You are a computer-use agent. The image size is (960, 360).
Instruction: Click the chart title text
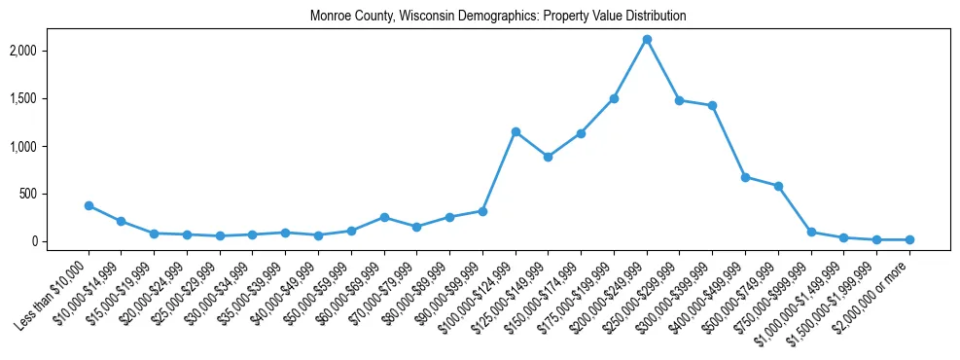click(498, 16)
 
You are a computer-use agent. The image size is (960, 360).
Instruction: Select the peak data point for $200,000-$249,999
click(647, 40)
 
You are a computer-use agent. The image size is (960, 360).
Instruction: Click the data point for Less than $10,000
click(89, 205)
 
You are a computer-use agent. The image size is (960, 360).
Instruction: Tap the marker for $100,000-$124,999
click(516, 131)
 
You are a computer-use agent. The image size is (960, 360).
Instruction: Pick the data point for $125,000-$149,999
click(549, 157)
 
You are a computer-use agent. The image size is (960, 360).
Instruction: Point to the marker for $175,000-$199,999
click(614, 98)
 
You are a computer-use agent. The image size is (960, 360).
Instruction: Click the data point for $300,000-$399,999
click(713, 105)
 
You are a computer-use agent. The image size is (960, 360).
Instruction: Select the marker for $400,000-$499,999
click(745, 177)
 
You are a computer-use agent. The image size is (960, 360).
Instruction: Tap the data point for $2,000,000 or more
click(909, 239)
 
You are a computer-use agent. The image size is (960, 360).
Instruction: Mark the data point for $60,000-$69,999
click(384, 217)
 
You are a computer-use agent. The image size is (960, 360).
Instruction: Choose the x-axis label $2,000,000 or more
click(873, 288)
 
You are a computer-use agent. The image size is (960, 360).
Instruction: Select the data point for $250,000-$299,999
click(680, 100)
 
